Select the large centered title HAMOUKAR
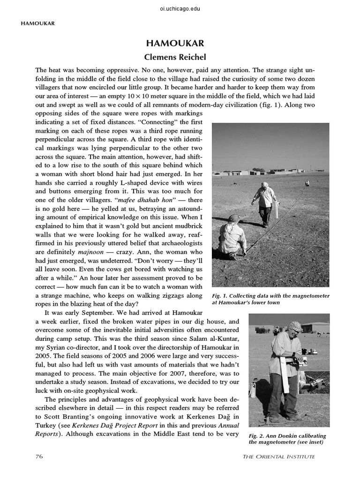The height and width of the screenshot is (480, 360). [180, 44]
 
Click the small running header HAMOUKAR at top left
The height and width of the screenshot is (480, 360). [37, 22]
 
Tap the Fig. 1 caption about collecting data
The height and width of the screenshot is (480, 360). [270, 299]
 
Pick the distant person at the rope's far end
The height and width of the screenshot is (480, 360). [307, 183]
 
